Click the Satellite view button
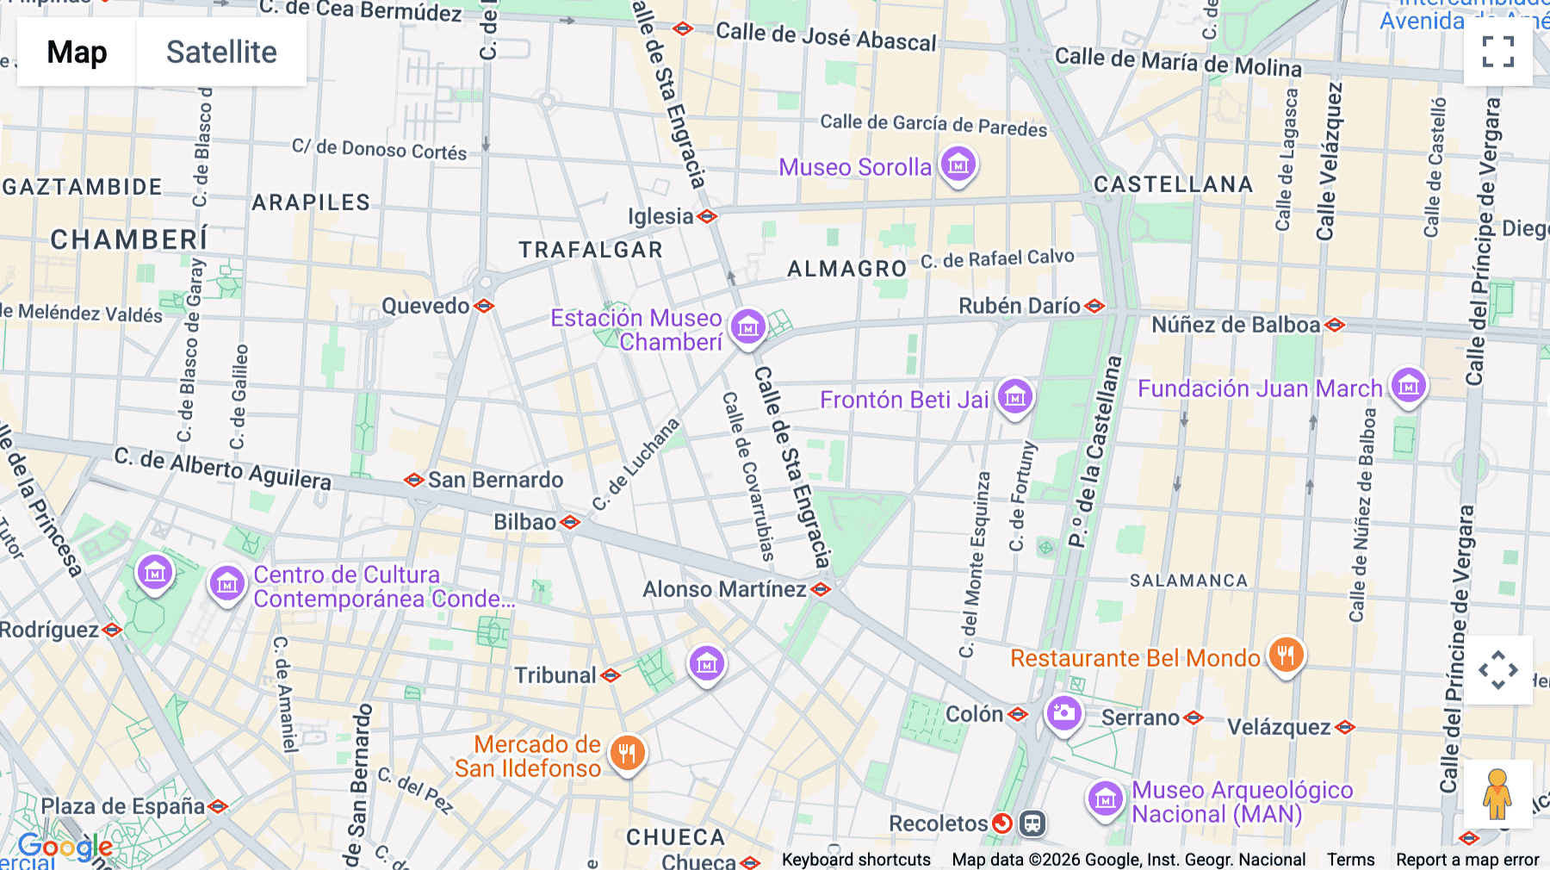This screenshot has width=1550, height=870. [x=221, y=52]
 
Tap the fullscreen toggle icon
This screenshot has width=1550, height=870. [x=1497, y=52]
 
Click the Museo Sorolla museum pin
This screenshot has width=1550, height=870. [x=958, y=163]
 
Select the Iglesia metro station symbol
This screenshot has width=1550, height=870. [x=707, y=216]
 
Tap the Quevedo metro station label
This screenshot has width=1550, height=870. [x=425, y=306]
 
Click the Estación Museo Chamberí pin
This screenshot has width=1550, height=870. [x=747, y=327]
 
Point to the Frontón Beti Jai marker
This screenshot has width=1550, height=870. [x=1014, y=397]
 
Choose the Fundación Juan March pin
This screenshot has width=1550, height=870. [x=1409, y=386]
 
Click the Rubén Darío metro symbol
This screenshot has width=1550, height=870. [x=1094, y=306]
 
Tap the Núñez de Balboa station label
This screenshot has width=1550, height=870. [x=1235, y=325]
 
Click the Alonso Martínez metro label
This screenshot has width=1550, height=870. [x=724, y=589]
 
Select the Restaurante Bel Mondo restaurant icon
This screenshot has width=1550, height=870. [x=1285, y=656]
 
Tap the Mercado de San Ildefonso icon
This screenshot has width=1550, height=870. [x=627, y=754]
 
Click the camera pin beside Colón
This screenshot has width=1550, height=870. [x=1063, y=713]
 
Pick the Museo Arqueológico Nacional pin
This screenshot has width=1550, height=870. [x=1106, y=799]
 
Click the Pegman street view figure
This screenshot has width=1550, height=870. [x=1497, y=794]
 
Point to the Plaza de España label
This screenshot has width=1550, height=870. [x=123, y=806]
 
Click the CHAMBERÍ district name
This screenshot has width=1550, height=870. [x=129, y=239]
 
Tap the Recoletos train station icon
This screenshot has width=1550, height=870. [x=1032, y=823]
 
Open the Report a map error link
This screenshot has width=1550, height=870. [x=1467, y=860]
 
